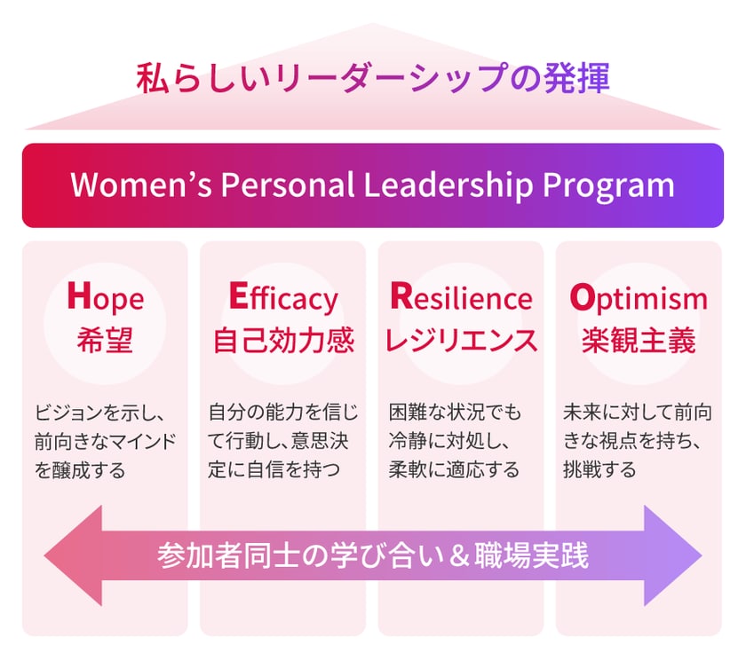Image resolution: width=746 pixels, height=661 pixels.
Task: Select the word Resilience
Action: click(x=461, y=297)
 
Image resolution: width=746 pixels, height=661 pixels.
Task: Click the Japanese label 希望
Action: click(x=105, y=340)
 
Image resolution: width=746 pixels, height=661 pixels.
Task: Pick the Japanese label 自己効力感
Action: click(x=283, y=340)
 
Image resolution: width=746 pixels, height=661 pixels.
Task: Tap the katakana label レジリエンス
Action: click(x=461, y=340)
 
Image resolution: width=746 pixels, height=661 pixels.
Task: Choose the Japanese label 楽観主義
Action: click(x=639, y=340)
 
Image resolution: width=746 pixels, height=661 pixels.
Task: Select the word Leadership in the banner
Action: click(x=448, y=185)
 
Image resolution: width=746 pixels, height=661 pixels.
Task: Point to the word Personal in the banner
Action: click(x=288, y=185)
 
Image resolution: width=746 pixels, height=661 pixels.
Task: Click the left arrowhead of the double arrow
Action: click(x=74, y=555)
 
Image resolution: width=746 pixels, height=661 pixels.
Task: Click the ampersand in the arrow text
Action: click(x=458, y=556)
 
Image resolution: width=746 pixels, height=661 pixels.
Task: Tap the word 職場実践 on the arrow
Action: click(x=531, y=555)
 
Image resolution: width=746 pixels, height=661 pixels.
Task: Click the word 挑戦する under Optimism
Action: click(x=599, y=469)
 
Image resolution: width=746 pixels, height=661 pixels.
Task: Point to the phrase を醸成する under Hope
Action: click(x=80, y=470)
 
